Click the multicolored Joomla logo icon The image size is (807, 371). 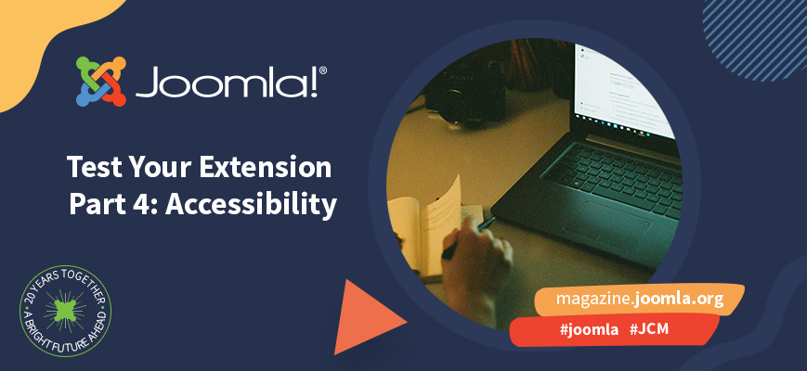[x=101, y=82]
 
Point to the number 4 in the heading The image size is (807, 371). [x=135, y=204]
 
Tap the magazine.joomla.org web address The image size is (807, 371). [x=639, y=300]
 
